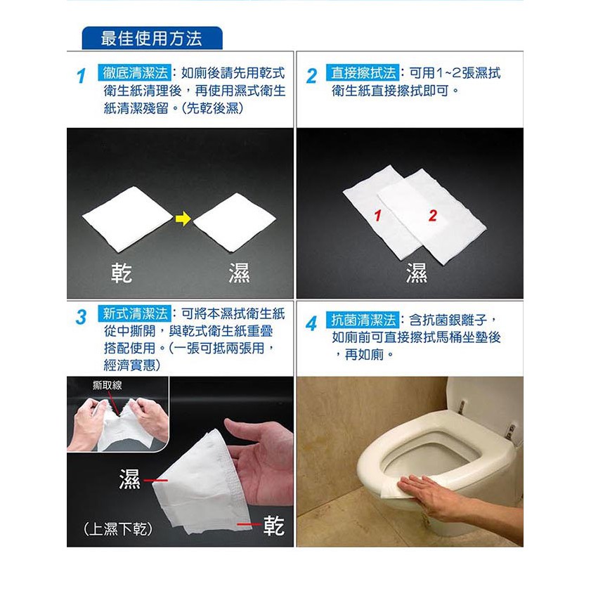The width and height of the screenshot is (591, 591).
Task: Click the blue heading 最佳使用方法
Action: (x=152, y=39)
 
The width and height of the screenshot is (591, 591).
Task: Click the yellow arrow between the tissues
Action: (x=183, y=219)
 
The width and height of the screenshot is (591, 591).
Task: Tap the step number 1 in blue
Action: (x=81, y=76)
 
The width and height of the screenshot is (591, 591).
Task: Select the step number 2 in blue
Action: (x=312, y=76)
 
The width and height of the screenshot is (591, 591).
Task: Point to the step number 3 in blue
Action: (x=81, y=317)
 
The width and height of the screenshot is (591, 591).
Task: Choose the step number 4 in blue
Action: (x=311, y=323)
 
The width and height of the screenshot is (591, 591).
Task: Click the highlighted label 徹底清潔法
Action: (x=134, y=72)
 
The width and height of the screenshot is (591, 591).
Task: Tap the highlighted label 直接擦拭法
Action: (x=363, y=72)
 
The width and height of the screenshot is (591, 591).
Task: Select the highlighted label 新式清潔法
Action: (x=134, y=313)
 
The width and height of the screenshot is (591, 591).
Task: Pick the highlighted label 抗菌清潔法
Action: (x=363, y=320)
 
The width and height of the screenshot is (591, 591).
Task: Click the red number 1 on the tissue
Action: (x=378, y=216)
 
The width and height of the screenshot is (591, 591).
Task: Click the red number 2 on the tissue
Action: (x=433, y=216)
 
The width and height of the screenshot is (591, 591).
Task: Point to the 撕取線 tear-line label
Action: (x=107, y=385)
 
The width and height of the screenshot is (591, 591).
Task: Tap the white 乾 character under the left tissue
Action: (x=122, y=273)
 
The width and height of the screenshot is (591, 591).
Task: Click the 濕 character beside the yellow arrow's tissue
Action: (x=239, y=273)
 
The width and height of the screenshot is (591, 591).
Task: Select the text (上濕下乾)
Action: (x=118, y=529)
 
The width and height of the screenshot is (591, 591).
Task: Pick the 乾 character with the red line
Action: (x=273, y=526)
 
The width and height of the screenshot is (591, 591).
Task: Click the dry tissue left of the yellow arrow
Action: (x=127, y=219)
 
